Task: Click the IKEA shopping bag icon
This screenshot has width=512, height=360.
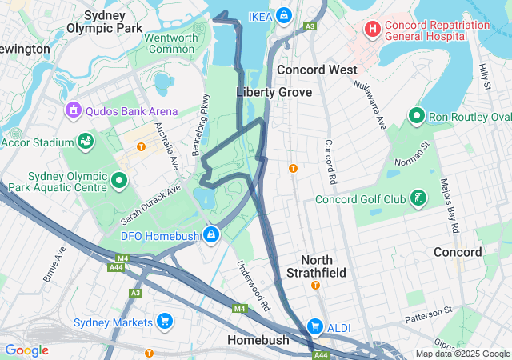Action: pyautogui.click(x=284, y=15)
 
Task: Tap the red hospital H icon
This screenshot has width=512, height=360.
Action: pyautogui.click(x=372, y=30)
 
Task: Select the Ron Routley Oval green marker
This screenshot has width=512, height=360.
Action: pyautogui.click(x=416, y=117)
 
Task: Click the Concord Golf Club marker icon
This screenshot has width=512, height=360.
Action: pyautogui.click(x=417, y=198)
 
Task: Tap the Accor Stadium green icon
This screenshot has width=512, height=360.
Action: pyautogui.click(x=85, y=142)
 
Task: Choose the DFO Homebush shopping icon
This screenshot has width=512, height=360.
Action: pyautogui.click(x=211, y=235)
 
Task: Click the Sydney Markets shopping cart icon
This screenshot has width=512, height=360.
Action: pyautogui.click(x=166, y=322)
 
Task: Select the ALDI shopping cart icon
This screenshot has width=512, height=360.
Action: pyautogui.click(x=315, y=326)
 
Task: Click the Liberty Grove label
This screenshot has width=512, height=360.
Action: pyautogui.click(x=274, y=92)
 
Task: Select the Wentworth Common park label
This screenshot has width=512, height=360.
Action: pyautogui.click(x=169, y=43)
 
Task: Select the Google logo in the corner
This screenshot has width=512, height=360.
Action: pyautogui.click(x=26, y=350)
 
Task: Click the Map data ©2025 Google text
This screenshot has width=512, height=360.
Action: pyautogui.click(x=462, y=354)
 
